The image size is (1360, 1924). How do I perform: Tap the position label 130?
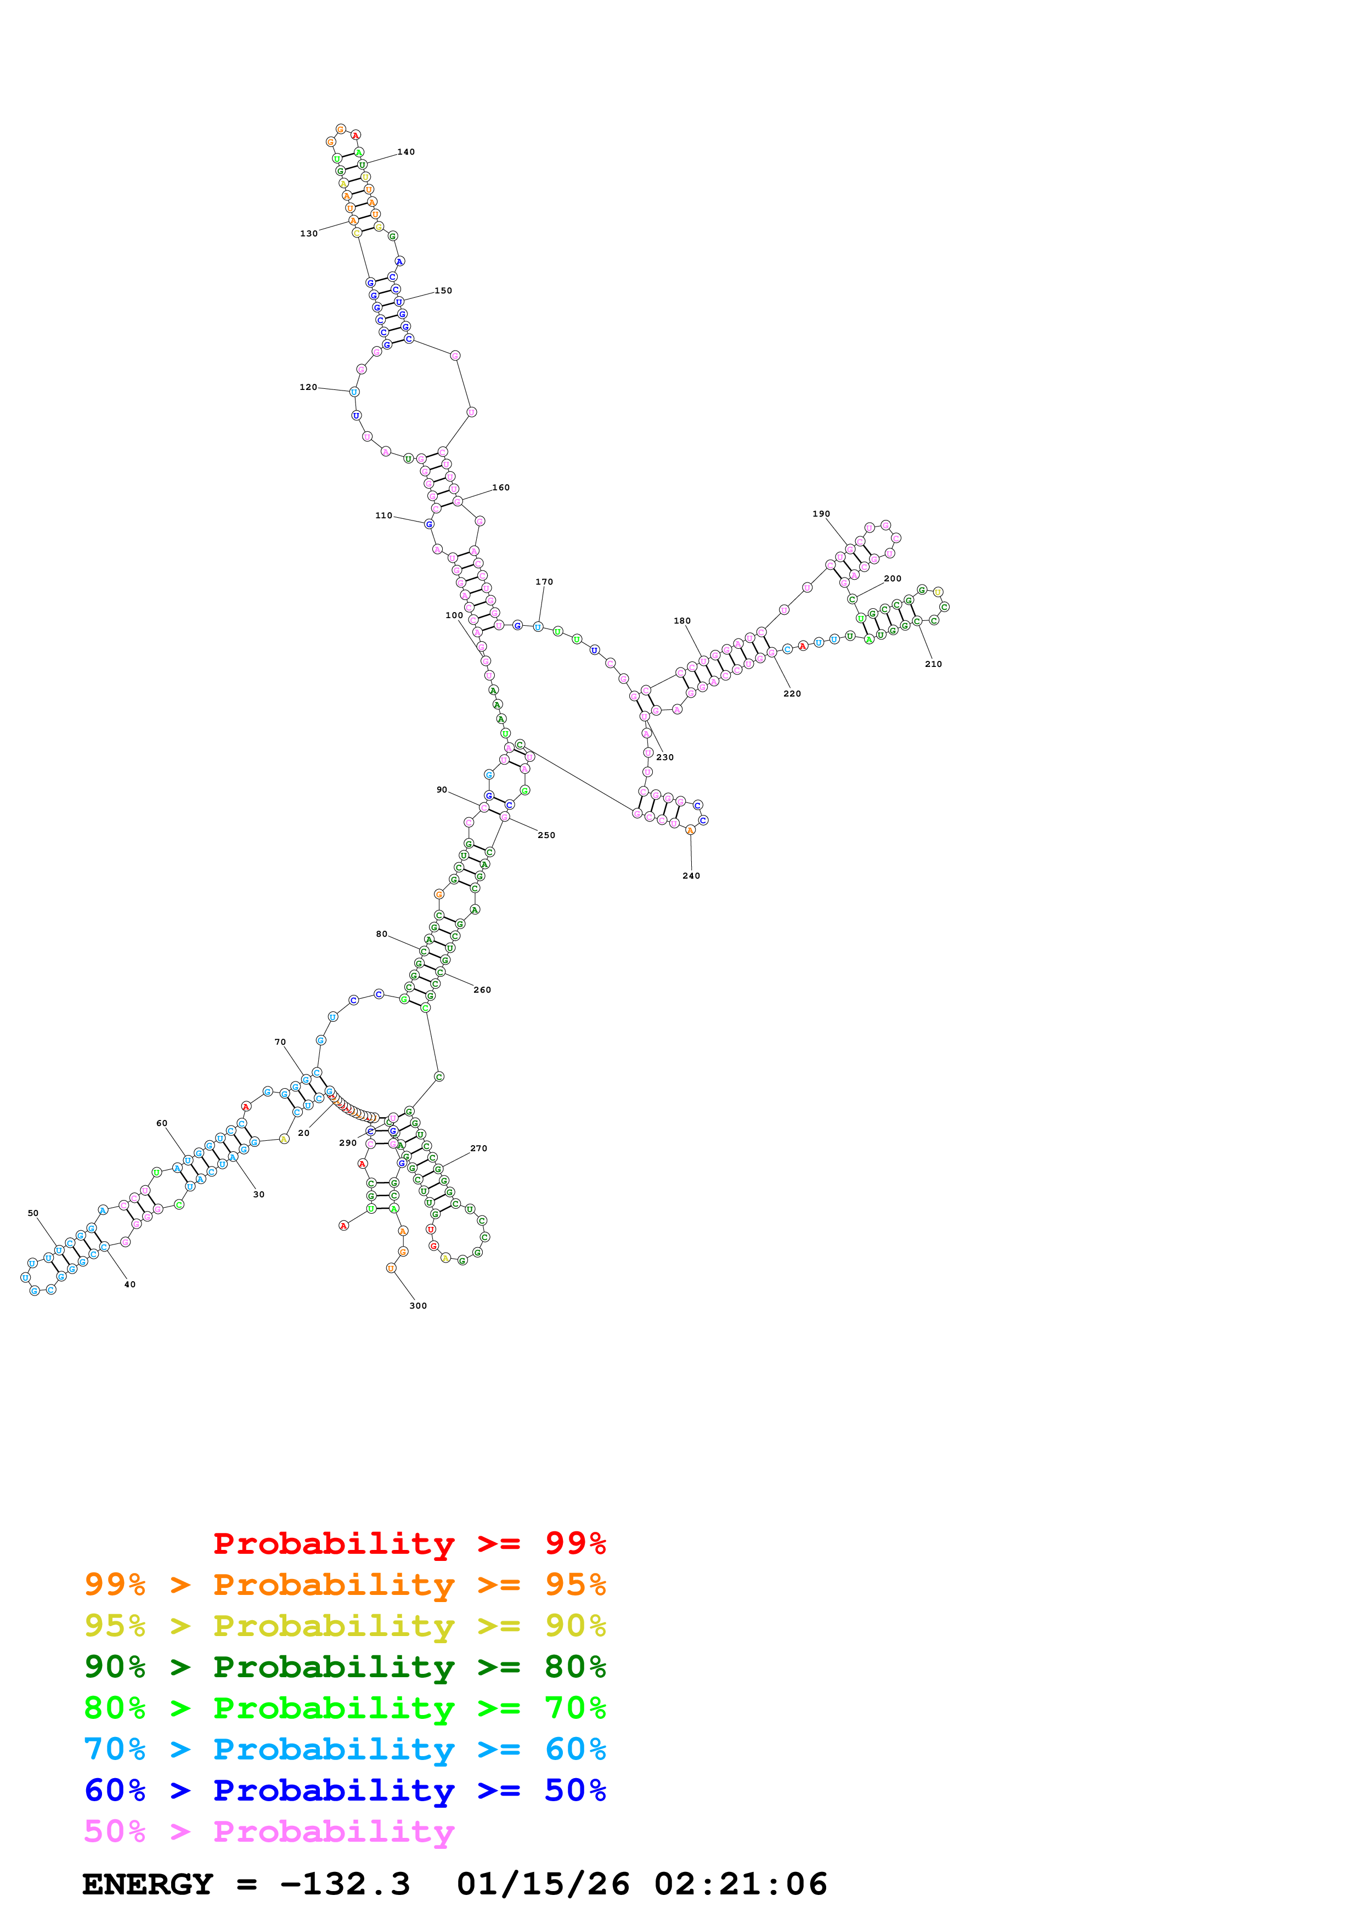308,234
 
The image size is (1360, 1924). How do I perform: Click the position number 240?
691,876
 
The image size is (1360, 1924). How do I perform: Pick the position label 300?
417,1305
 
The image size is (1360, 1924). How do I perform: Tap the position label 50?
33,1213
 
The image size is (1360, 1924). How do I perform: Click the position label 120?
308,387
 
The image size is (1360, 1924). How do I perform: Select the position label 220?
792,693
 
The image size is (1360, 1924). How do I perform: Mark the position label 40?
130,1284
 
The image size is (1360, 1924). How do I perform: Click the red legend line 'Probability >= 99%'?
409,1543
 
